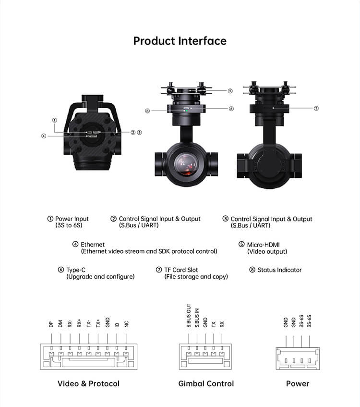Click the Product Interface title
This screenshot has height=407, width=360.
[x=180, y=41]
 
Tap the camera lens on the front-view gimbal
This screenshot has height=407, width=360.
[x=186, y=164]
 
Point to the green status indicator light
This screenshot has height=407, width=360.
[x=187, y=111]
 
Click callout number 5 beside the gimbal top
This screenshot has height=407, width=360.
[x=230, y=91]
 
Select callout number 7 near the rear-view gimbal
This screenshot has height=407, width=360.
[x=316, y=108]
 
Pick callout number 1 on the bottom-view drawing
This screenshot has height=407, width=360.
[x=54, y=120]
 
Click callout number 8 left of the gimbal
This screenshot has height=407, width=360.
[x=147, y=111]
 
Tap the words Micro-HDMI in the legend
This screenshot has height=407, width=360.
[x=263, y=245]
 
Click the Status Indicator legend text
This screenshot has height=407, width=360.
[x=279, y=270]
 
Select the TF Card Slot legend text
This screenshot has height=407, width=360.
[x=181, y=270]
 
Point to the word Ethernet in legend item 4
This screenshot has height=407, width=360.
[x=93, y=245]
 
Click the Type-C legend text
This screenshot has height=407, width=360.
[x=76, y=270]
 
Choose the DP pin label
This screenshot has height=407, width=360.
[x=51, y=324]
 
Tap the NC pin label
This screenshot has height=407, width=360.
[x=126, y=324]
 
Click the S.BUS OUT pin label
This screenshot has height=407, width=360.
[x=189, y=315]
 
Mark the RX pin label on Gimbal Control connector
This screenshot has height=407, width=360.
[x=222, y=324]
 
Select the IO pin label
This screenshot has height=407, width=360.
[x=117, y=325]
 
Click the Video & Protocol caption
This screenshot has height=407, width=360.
[x=88, y=383]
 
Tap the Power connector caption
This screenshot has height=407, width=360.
[x=298, y=383]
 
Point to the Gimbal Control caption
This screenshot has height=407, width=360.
[x=206, y=383]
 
